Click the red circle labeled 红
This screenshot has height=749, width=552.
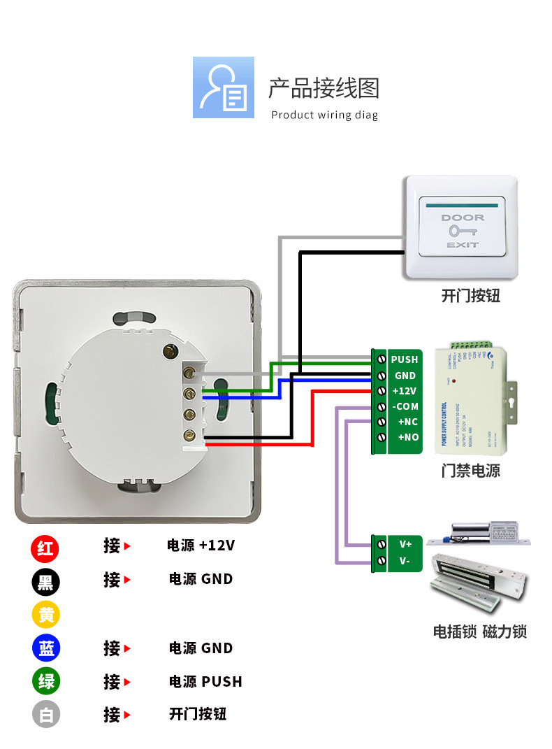click(x=45, y=548)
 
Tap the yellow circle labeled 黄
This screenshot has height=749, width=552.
click(x=45, y=615)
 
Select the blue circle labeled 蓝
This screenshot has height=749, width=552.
click(x=45, y=648)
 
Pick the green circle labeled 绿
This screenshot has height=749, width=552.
click(x=45, y=681)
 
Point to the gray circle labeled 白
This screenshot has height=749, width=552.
click(x=45, y=715)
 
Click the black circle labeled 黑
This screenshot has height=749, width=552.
click(x=45, y=581)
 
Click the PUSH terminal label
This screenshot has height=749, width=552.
click(x=405, y=359)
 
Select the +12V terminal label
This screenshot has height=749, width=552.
click(x=405, y=391)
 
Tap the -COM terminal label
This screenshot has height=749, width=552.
click(x=405, y=406)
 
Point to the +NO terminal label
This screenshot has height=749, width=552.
click(x=407, y=437)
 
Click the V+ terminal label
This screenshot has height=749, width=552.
click(x=405, y=543)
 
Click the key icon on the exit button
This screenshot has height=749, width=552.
click(x=461, y=231)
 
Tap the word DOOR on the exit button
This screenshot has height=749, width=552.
click(x=462, y=217)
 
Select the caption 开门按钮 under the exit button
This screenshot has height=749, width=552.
click(x=470, y=296)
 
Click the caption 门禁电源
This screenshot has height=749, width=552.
click(x=470, y=470)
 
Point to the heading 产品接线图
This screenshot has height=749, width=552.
click(x=324, y=89)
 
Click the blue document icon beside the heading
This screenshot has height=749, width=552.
click(x=224, y=87)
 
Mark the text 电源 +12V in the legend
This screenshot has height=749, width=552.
click(x=201, y=545)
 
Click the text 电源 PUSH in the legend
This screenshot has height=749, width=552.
click(x=205, y=682)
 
